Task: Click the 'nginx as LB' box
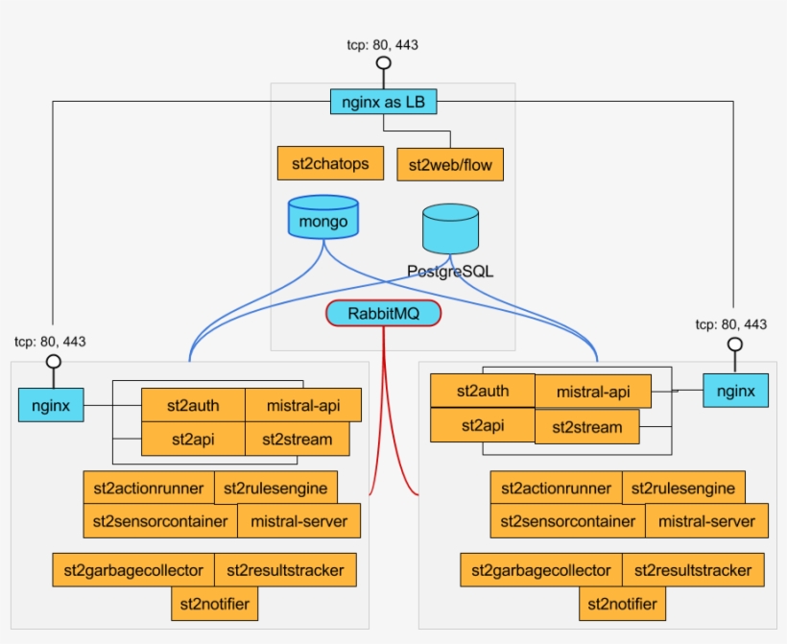coord(383,101)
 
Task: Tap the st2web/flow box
coord(450,164)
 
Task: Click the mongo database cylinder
coord(323,219)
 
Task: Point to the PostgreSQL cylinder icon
coord(450,230)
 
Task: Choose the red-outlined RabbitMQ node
coord(383,313)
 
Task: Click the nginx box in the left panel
coord(51,405)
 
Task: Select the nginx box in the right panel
coord(736,391)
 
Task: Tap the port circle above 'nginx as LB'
coord(383,63)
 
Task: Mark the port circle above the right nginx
coord(734,344)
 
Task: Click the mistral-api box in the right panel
coord(592,392)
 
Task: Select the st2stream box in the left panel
coord(298,440)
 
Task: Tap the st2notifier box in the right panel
coord(623,604)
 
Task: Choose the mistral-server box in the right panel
coord(705,521)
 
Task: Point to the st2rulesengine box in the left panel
coord(275,488)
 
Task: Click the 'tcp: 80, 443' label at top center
coord(382,44)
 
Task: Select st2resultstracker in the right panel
coord(694,570)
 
